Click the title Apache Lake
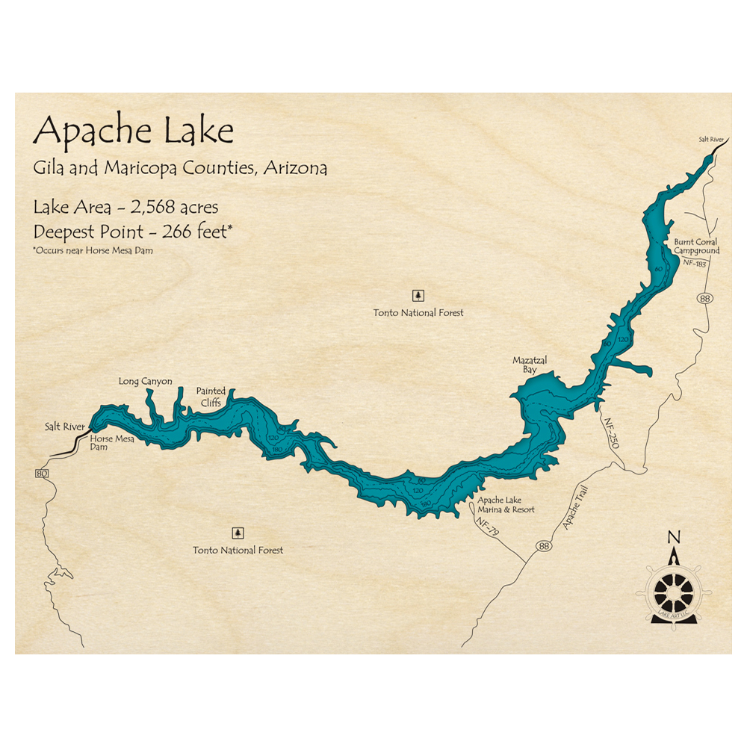pyautogui.click(x=134, y=131)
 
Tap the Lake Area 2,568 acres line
pyautogui.click(x=125, y=207)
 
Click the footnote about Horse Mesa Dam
pyautogui.click(x=93, y=250)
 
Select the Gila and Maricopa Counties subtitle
pyautogui.click(x=180, y=168)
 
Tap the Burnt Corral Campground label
pyautogui.click(x=696, y=247)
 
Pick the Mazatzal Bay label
pyautogui.click(x=530, y=365)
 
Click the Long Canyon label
pyautogui.click(x=145, y=382)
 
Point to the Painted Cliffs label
pyautogui.click(x=209, y=397)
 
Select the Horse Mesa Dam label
pyautogui.click(x=112, y=443)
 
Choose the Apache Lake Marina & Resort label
pyautogui.click(x=505, y=504)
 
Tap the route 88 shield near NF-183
pyautogui.click(x=706, y=299)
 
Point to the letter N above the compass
pyautogui.click(x=674, y=536)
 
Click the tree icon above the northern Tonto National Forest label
pyautogui.click(x=418, y=294)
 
